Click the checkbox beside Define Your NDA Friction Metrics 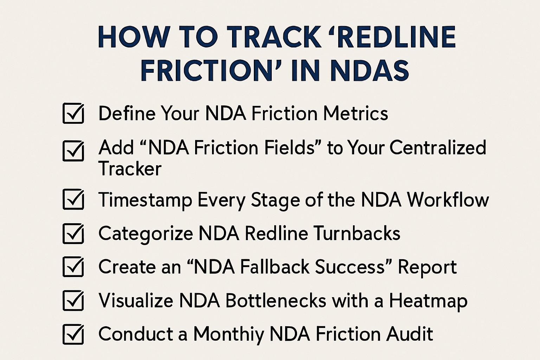(x=73, y=113)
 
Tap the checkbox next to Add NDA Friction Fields (x=73, y=151)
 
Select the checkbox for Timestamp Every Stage (x=73, y=199)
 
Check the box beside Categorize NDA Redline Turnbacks (x=73, y=233)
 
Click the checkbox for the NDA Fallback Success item (x=73, y=267)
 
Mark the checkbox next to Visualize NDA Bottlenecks (x=73, y=301)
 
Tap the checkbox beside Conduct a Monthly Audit (x=73, y=334)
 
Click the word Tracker (x=130, y=169)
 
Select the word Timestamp (x=145, y=200)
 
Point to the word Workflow (x=448, y=200)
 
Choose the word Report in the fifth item (x=427, y=267)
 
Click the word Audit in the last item (x=409, y=334)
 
